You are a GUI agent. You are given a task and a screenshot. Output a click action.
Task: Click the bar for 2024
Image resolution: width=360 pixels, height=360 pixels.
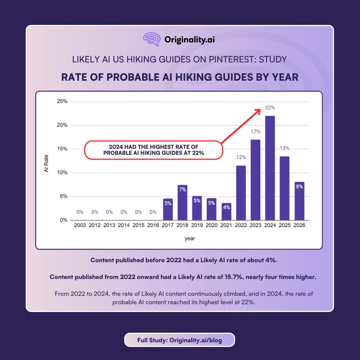click(270, 168)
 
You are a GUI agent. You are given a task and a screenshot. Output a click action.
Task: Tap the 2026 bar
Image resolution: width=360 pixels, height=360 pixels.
click(299, 201)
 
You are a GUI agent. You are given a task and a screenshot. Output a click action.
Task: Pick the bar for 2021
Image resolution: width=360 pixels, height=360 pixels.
click(226, 212)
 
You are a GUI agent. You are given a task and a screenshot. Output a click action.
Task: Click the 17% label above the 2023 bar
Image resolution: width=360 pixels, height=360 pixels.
click(256, 132)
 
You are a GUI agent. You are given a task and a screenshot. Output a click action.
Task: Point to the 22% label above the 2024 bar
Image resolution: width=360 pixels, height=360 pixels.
click(270, 108)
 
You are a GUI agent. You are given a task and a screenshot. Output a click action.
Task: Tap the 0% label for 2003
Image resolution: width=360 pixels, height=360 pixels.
click(80, 212)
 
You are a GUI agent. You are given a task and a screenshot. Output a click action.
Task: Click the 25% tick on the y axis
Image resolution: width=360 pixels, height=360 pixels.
click(62, 101)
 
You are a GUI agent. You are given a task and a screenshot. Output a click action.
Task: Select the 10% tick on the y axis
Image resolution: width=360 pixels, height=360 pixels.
click(62, 172)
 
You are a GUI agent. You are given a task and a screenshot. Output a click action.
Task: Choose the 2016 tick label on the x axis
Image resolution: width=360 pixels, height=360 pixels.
click(153, 225)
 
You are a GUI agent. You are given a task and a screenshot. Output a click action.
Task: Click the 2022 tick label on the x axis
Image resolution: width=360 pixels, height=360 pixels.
click(241, 225)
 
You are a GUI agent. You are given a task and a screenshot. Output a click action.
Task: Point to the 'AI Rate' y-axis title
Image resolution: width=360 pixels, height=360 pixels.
click(46, 163)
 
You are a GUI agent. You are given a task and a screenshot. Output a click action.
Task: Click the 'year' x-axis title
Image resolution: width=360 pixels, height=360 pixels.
click(190, 238)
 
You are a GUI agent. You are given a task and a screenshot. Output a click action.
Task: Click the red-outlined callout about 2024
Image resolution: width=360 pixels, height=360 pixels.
click(154, 150)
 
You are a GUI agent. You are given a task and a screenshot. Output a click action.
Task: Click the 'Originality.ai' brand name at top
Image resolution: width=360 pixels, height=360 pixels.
click(190, 40)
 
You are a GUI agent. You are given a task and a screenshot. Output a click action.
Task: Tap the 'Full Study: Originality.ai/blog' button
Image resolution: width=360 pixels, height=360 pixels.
click(180, 340)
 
